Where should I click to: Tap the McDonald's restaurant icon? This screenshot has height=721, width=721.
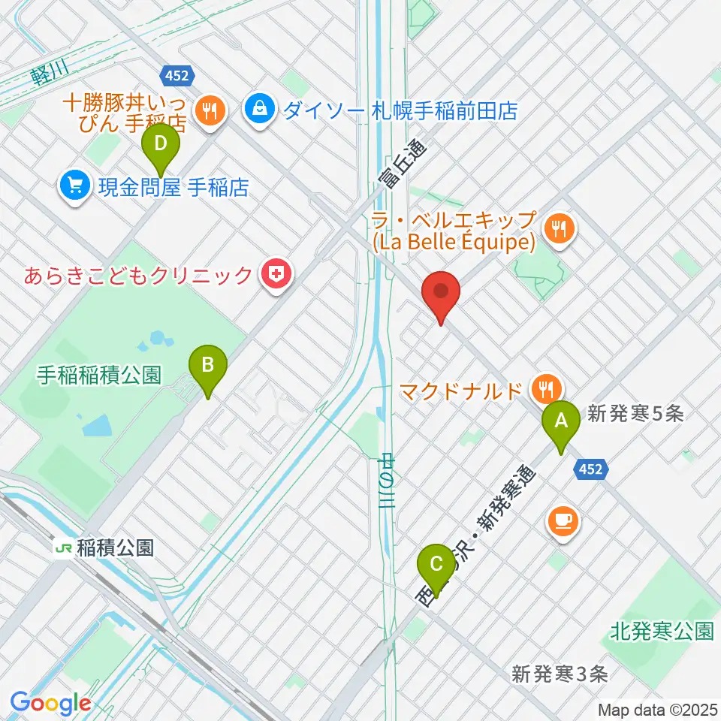[543, 389]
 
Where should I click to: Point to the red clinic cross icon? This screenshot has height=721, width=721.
[276, 275]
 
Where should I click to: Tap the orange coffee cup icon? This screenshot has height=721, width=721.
[563, 520]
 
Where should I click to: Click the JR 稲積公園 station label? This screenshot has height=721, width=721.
[105, 548]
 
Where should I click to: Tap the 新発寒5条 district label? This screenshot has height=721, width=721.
[635, 414]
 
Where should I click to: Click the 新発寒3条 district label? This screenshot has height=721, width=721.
[560, 674]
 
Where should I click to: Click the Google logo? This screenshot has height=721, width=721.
[50, 704]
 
